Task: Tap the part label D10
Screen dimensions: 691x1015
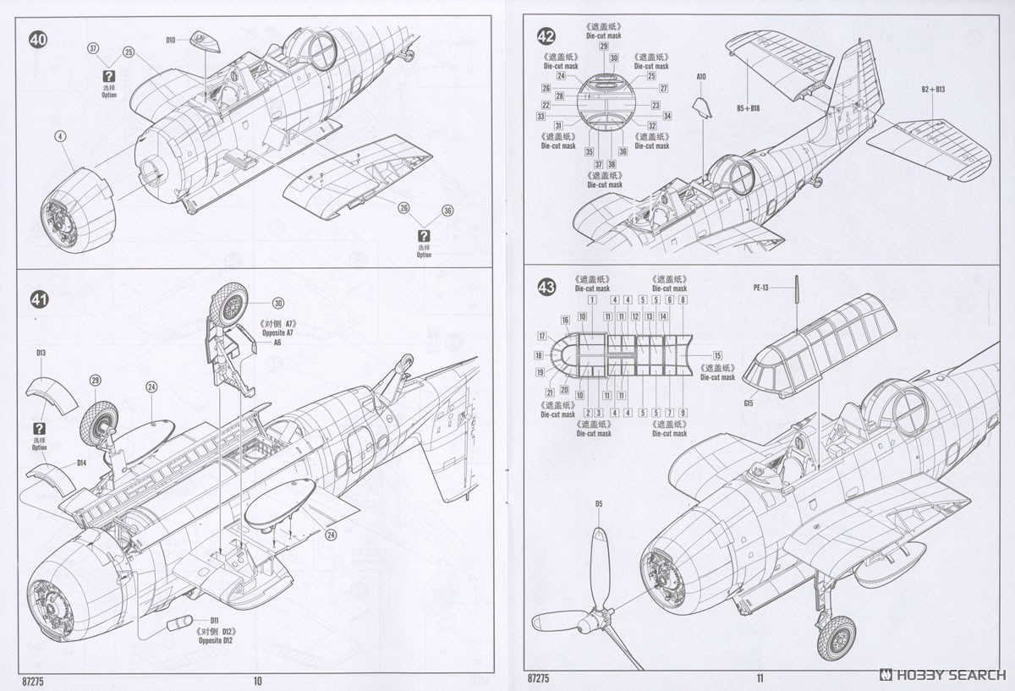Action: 170,40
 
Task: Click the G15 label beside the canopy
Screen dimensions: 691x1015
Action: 749,403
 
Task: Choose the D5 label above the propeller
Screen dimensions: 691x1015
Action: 598,505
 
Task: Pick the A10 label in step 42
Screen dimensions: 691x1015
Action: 700,76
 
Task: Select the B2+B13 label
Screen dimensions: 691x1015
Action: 933,89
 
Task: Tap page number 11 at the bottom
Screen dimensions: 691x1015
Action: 760,677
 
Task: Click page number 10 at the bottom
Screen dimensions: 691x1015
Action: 258,680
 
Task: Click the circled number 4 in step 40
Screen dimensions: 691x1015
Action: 60,136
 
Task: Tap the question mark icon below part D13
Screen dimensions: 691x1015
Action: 39,429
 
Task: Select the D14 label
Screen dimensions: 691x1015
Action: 82,463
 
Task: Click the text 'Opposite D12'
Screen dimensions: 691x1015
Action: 215,640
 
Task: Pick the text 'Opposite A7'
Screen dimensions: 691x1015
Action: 277,333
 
